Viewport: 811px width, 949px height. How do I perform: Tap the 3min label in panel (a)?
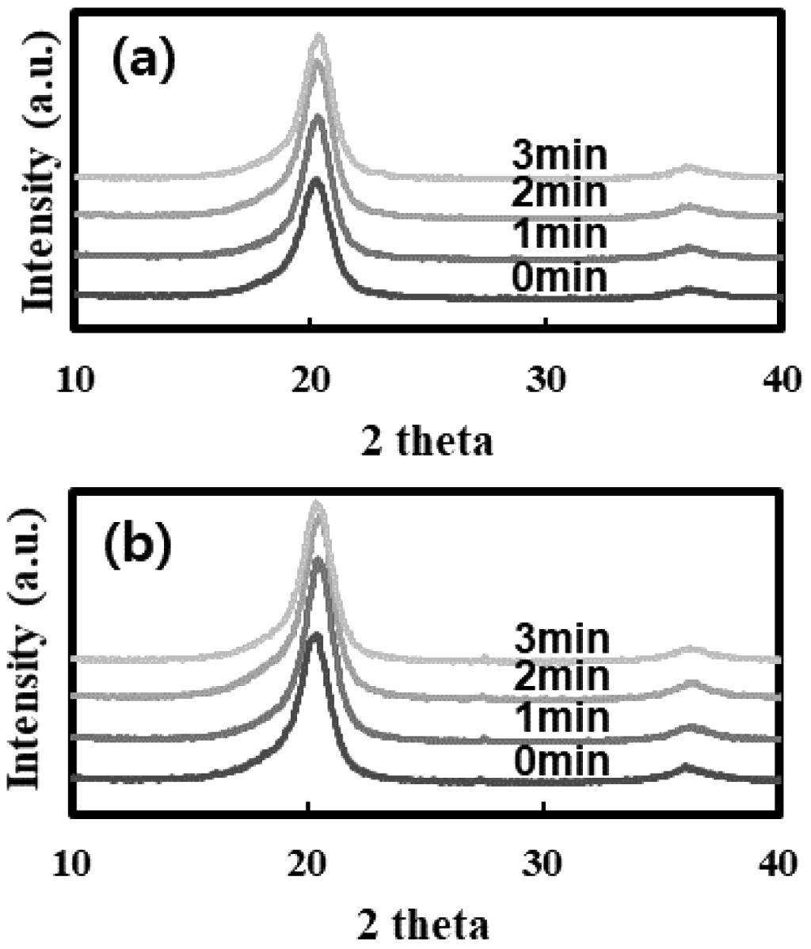(x=559, y=156)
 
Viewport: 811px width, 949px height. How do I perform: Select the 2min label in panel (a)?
(x=559, y=193)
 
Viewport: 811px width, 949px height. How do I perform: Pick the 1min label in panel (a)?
(x=559, y=235)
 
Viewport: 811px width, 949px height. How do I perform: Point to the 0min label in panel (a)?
(x=559, y=277)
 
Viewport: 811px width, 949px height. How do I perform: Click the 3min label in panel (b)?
(x=562, y=638)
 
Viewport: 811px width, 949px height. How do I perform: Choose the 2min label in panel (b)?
(x=562, y=676)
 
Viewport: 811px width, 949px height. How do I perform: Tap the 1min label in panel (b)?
(x=562, y=719)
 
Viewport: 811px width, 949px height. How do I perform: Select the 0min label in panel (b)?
(x=562, y=761)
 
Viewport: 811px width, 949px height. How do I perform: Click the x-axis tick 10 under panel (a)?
(x=76, y=380)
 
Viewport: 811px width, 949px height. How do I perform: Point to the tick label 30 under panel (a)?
(x=546, y=380)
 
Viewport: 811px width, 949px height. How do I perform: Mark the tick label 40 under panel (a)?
(x=779, y=380)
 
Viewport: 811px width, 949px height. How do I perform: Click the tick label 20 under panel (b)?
(x=309, y=863)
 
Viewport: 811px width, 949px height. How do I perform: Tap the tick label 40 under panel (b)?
(x=779, y=863)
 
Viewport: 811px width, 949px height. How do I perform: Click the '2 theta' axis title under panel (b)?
(x=428, y=923)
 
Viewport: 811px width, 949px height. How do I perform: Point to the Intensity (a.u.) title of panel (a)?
(x=40, y=171)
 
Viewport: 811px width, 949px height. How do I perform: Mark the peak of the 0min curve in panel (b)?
(x=314, y=635)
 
